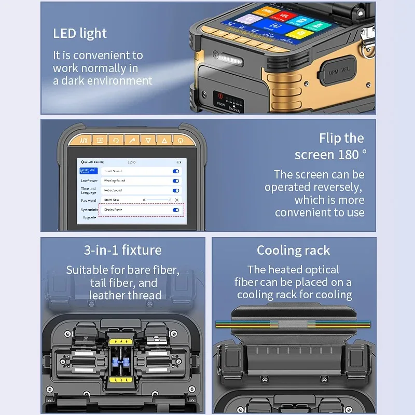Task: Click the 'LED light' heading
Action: pos(80,34)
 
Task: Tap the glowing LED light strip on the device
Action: pos(228,54)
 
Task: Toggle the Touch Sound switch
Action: pos(176,171)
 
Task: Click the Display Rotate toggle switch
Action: pos(176,210)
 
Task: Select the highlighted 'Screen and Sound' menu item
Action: pos(88,171)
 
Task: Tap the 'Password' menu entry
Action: pos(88,200)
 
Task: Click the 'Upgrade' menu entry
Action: pos(89,218)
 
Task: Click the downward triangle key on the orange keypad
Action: pos(148,141)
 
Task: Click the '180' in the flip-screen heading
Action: pos(348,155)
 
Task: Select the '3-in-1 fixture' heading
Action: pos(123,250)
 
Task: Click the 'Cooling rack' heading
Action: pos(293,251)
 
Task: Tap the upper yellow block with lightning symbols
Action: pos(123,343)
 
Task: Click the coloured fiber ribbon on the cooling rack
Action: pos(293,324)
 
